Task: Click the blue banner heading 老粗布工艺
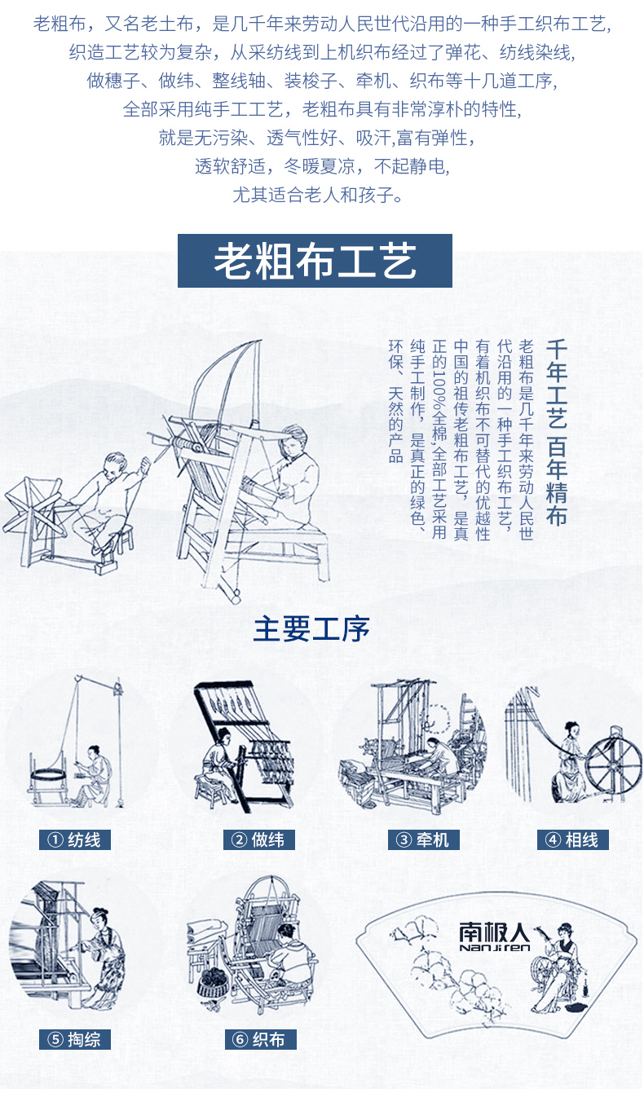point(315,261)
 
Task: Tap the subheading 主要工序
point(311,629)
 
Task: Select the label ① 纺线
point(75,840)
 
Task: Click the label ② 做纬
point(259,840)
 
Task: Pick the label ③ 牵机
point(424,840)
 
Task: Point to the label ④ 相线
point(573,840)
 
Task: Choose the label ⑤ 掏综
point(75,1038)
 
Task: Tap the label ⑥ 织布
point(261,1038)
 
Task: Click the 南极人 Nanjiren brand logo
point(495,936)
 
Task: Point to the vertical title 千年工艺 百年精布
point(557,433)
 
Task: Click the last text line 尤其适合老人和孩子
point(318,196)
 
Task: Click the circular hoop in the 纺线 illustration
point(47,778)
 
